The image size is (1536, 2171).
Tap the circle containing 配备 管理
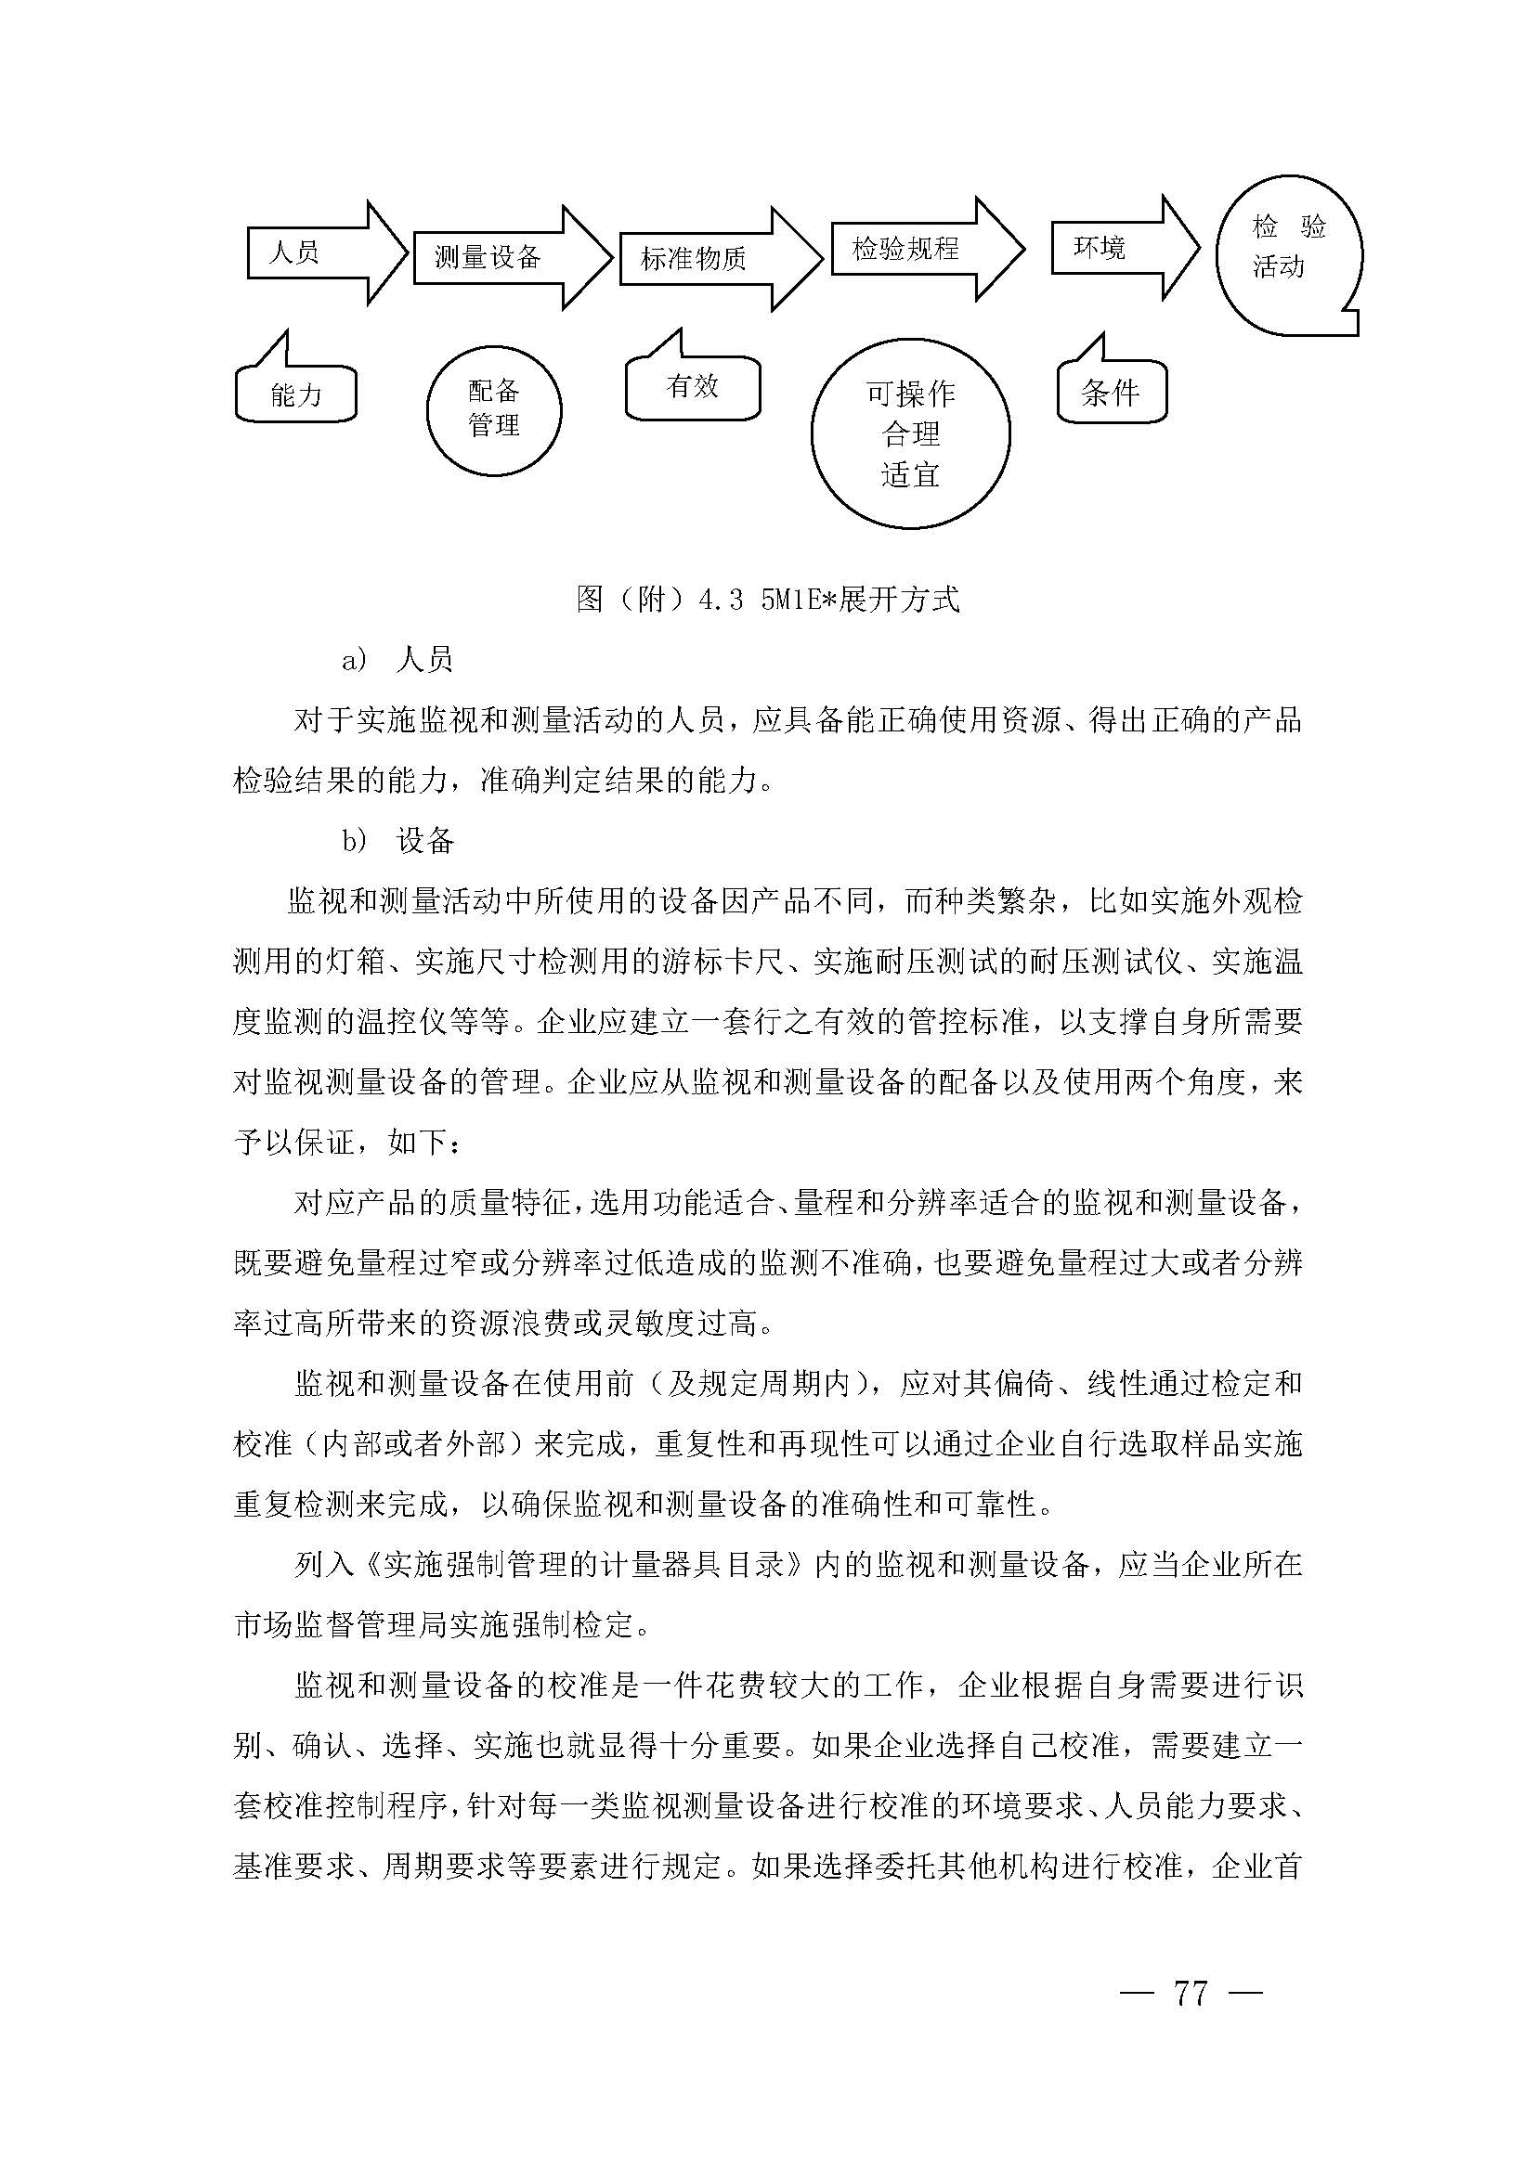(494, 408)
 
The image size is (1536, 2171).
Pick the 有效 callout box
(693, 386)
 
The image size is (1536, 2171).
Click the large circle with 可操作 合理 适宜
(910, 433)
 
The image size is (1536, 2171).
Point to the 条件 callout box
(1111, 393)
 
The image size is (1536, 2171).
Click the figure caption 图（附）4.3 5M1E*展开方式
(767, 599)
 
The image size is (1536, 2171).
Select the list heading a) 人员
(397, 659)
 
